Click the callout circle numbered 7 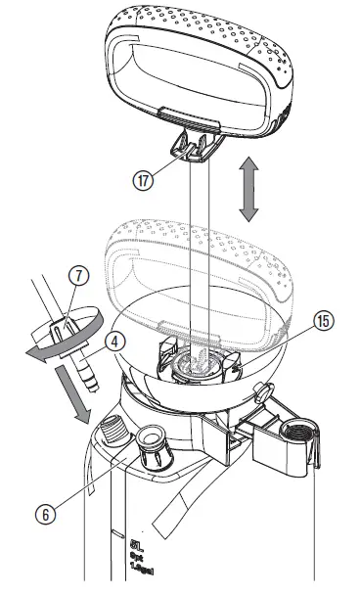click(x=76, y=276)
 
